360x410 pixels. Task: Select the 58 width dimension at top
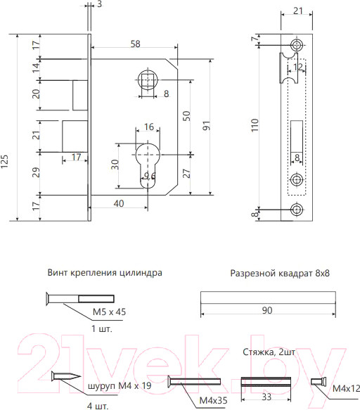135,44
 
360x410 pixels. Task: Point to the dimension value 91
205,127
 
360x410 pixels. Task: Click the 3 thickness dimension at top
99,5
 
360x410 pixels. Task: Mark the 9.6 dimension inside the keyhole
149,177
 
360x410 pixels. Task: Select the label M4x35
213,400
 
